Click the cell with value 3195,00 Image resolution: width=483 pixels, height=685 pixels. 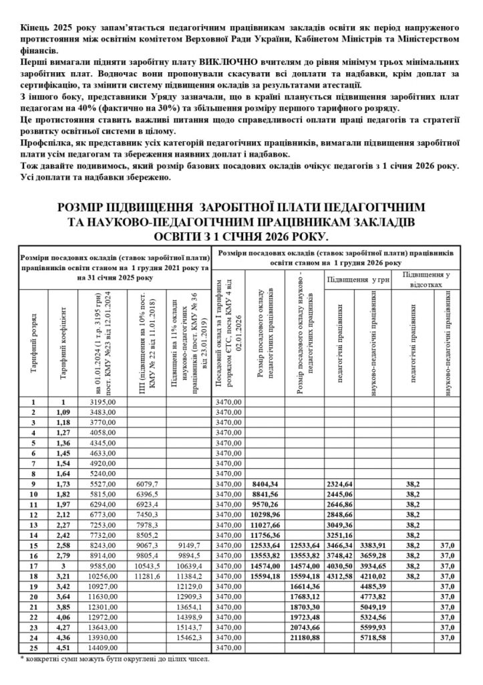tap(103, 401)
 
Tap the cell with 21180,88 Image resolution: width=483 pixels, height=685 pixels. tap(305, 637)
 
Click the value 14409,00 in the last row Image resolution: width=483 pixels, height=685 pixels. tap(103, 647)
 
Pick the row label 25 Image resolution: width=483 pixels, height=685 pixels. tap(33, 647)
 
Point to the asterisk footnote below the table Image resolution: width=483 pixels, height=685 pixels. tap(114, 659)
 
